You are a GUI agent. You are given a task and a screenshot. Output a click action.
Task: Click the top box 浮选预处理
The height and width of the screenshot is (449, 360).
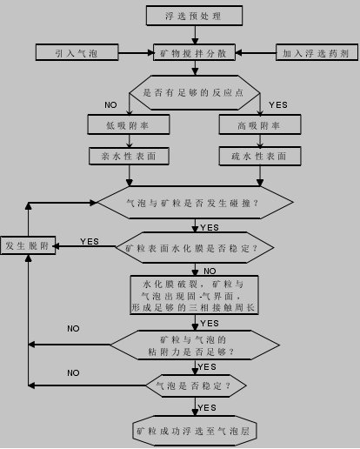[x=194, y=16]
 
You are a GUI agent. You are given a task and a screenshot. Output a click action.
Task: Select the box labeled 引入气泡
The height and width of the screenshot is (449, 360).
[x=77, y=52]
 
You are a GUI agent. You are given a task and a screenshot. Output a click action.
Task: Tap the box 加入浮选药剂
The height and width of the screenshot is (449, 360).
[x=317, y=52]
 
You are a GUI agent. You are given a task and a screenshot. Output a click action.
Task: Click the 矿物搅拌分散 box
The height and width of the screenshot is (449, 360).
[x=194, y=52]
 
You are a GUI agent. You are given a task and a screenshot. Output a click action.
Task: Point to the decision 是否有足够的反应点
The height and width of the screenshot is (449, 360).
[x=195, y=93]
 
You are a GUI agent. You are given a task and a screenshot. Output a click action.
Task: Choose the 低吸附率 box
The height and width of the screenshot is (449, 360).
[x=129, y=124]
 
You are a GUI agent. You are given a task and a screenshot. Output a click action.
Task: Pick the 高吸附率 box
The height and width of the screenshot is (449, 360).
[x=260, y=124]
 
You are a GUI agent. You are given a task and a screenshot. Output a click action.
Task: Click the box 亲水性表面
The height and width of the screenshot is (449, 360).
[x=129, y=157]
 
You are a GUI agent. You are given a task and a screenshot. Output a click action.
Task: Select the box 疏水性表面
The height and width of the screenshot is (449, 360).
[x=260, y=157]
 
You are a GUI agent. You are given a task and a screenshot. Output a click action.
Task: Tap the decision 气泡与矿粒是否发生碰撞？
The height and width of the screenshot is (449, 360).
[x=195, y=203]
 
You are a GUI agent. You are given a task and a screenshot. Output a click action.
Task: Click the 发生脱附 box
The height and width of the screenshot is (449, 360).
[x=28, y=245]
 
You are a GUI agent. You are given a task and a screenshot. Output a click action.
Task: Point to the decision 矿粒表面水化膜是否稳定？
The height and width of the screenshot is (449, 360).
[x=195, y=248]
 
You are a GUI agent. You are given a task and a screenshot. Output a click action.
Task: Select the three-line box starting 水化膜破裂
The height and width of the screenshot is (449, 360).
[x=194, y=295]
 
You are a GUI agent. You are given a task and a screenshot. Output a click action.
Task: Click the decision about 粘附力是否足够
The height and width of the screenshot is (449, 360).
[x=195, y=345]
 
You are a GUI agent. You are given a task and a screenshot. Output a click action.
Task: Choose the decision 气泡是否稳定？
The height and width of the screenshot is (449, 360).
[x=196, y=385]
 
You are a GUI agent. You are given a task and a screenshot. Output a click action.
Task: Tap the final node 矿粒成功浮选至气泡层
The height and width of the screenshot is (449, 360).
[x=195, y=431]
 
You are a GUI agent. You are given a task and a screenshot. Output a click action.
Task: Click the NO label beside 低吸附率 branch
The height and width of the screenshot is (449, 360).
[x=110, y=105]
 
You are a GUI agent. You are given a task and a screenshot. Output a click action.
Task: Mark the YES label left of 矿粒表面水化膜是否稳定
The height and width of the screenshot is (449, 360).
[x=90, y=241]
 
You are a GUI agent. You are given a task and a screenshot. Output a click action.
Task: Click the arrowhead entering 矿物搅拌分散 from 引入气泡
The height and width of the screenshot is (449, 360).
[x=150, y=53]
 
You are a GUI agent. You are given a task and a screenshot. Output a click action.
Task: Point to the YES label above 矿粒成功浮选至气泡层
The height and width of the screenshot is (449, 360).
[x=207, y=408]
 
